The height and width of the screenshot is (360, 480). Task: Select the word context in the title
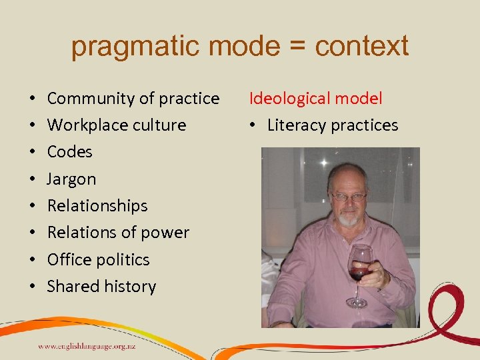click(362, 46)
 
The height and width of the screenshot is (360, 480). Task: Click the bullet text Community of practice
click(133, 99)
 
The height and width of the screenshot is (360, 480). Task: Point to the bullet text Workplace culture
click(117, 125)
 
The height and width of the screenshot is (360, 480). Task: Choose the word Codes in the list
click(69, 152)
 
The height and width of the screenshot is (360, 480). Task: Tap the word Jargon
click(71, 179)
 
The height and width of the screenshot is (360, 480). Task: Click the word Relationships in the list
click(97, 205)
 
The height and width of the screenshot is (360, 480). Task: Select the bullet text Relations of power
click(118, 233)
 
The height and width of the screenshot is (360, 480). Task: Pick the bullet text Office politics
click(98, 259)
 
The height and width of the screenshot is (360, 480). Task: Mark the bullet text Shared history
click(101, 287)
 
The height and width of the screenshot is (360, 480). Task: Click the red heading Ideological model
click(316, 99)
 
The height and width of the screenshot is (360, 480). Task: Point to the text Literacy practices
click(333, 125)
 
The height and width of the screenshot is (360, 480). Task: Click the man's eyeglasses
click(349, 197)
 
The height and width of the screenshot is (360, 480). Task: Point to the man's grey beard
click(347, 218)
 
